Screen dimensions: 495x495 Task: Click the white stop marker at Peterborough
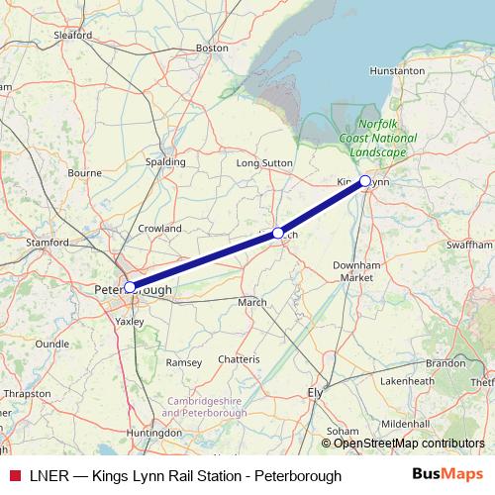point(130,287)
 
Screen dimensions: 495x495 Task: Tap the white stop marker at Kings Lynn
point(365,181)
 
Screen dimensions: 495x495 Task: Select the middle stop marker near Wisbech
point(277,234)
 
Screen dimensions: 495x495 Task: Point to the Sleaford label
point(74,35)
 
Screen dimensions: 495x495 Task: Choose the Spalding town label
point(165,160)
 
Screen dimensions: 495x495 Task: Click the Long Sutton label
point(261,161)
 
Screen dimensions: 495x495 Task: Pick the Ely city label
point(317,393)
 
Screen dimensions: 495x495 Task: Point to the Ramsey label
point(183,363)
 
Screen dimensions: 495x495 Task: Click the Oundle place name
point(51,344)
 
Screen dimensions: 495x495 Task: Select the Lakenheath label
point(407,380)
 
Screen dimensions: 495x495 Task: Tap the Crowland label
point(159,228)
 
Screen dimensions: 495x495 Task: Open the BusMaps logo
point(447,475)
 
